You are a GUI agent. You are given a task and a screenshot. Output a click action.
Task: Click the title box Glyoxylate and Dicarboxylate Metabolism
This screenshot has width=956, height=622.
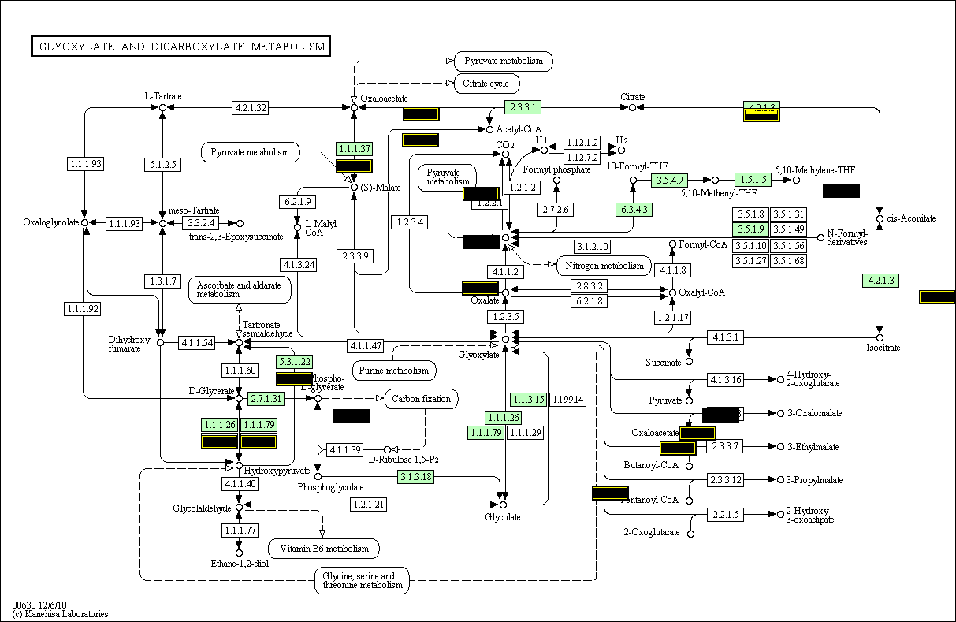click(x=180, y=47)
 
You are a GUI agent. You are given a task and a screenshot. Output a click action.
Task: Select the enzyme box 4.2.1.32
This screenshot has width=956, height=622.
click(x=251, y=107)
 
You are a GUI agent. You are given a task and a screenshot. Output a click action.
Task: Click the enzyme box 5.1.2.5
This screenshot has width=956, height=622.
click(x=162, y=165)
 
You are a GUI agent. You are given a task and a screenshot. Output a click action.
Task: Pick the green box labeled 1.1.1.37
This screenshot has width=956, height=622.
click(x=354, y=149)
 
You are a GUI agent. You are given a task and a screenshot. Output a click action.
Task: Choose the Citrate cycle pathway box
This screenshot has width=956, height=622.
click(x=486, y=84)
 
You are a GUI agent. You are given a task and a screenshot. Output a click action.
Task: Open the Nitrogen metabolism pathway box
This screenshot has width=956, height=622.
click(x=604, y=266)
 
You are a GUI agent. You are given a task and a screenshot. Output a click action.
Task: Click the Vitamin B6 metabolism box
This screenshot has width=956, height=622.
click(x=324, y=549)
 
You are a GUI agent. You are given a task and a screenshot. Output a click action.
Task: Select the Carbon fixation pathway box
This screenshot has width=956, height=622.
click(x=422, y=399)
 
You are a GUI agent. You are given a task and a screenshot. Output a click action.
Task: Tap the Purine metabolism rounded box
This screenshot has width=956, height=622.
click(x=394, y=370)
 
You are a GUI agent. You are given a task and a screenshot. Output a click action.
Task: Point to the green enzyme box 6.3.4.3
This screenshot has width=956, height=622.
click(x=633, y=210)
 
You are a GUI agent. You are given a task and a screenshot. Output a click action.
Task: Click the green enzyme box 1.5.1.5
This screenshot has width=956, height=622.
click(x=753, y=180)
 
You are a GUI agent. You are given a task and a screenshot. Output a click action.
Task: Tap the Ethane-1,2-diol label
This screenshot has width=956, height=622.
click(x=238, y=564)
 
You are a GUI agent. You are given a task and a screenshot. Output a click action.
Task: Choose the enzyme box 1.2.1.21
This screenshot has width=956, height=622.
click(x=369, y=505)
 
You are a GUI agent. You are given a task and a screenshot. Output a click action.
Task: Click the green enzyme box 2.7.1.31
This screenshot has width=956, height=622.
click(x=266, y=399)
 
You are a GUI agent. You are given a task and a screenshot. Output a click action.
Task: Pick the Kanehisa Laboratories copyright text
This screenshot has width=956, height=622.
click(x=60, y=613)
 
